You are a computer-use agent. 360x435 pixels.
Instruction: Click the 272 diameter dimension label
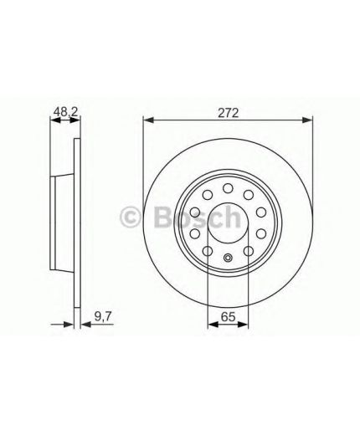[x=228, y=114]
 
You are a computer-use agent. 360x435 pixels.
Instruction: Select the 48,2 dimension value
[x=65, y=112]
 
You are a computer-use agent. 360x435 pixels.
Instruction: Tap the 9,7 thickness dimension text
[x=103, y=317]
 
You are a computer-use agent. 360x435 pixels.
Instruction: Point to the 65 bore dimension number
[x=228, y=317]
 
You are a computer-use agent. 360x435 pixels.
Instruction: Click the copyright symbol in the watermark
[x=130, y=217]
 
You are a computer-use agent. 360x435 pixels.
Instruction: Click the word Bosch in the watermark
[x=197, y=217]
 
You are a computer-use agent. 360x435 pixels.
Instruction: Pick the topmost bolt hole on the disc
[x=228, y=188]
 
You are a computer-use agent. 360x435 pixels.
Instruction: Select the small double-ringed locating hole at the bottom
[x=228, y=258]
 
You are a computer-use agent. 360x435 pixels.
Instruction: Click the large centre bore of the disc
[x=228, y=223]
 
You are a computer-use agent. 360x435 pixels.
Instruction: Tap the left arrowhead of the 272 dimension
[x=148, y=120]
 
